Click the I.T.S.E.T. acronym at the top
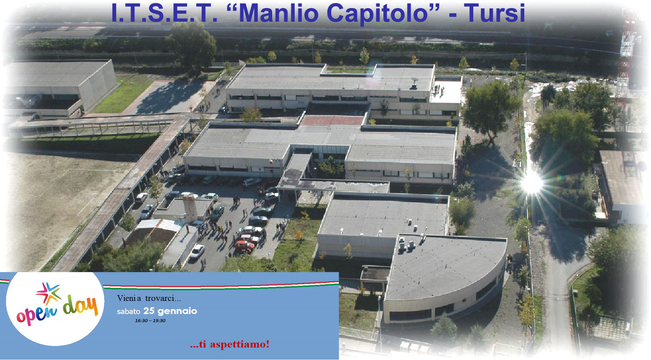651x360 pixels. click(165, 13)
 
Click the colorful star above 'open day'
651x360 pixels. click(48, 293)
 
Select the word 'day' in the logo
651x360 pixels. click(80, 307)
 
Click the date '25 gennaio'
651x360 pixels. click(170, 311)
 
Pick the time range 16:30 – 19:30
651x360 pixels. click(150, 321)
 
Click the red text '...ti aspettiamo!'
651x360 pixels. click(230, 344)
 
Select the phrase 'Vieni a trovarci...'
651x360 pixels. click(149, 298)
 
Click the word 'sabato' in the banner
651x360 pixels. click(128, 312)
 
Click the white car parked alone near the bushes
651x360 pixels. click(197, 251)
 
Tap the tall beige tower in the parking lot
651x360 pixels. click(190, 208)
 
